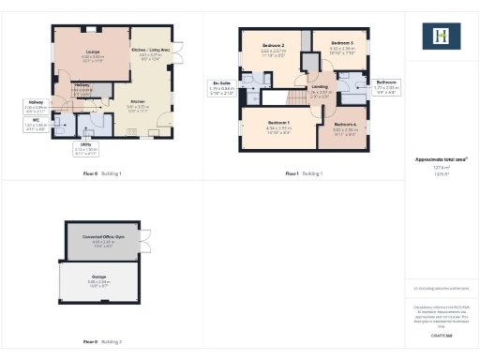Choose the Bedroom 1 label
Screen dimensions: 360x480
pos(277,126)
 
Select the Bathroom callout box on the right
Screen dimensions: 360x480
pos(386,87)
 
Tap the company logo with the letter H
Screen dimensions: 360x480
pos(442,37)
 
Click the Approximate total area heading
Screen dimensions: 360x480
pos(441,159)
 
